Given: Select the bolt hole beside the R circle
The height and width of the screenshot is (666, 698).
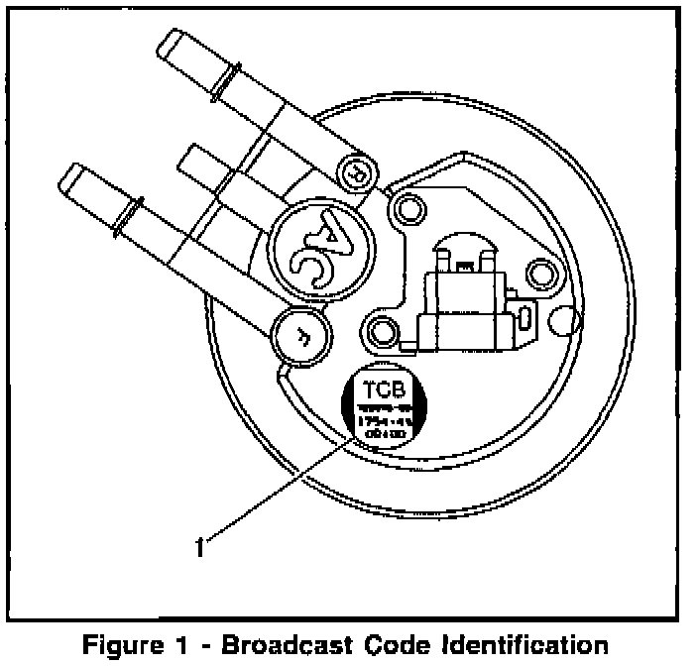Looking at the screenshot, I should [403, 207].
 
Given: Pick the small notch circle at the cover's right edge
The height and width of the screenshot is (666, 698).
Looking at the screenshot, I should [562, 319].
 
